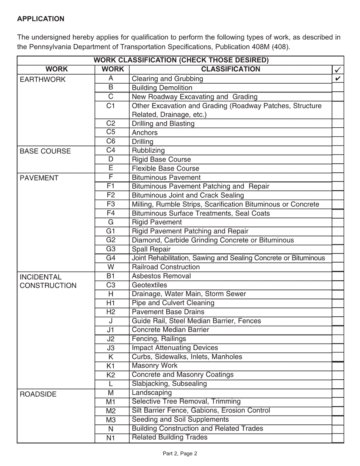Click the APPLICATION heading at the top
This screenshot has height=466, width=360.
point(41,19)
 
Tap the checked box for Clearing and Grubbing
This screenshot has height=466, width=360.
point(338,78)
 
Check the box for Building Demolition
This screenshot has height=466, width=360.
point(338,88)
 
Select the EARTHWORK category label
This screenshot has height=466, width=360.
point(42,80)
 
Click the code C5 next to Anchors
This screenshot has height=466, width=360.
point(111,132)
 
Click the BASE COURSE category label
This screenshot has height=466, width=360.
point(45,151)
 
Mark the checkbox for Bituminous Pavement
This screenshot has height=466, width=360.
point(338,177)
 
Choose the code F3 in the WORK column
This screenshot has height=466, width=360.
point(111,204)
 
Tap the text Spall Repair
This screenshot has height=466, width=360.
point(151,249)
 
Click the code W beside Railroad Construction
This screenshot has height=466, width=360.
point(111,267)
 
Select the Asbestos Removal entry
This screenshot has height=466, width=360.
point(161,276)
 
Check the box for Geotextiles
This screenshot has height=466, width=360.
point(338,285)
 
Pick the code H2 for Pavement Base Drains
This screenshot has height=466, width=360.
point(111,312)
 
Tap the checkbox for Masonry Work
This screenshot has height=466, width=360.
point(338,366)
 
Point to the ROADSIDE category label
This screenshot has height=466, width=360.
point(38,394)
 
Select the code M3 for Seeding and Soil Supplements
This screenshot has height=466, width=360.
point(111,420)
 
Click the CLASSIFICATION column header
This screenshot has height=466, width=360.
point(230,69)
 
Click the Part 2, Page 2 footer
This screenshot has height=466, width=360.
point(180,453)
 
